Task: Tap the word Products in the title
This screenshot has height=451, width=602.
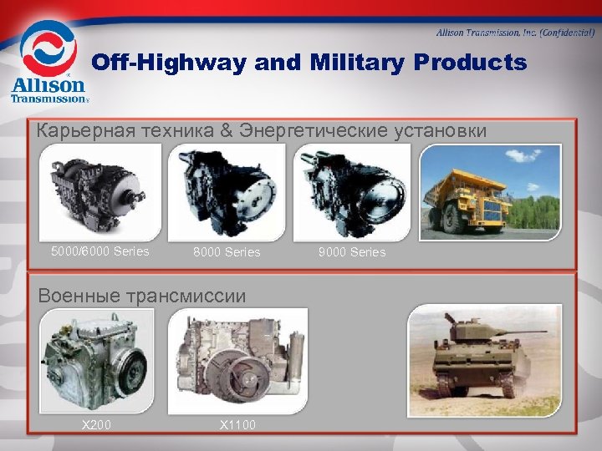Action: coord(475,63)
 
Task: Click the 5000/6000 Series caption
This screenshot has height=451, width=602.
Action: coord(99,251)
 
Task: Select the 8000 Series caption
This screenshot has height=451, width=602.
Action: coord(227,252)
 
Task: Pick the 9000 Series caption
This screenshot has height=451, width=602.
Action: coord(352,252)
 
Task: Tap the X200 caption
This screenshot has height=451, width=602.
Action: coord(95,425)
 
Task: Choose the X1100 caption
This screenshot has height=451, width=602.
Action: coord(237,425)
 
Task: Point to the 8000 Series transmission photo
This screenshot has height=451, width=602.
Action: coord(227,193)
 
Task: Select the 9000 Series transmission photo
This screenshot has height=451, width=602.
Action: coord(352,193)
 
